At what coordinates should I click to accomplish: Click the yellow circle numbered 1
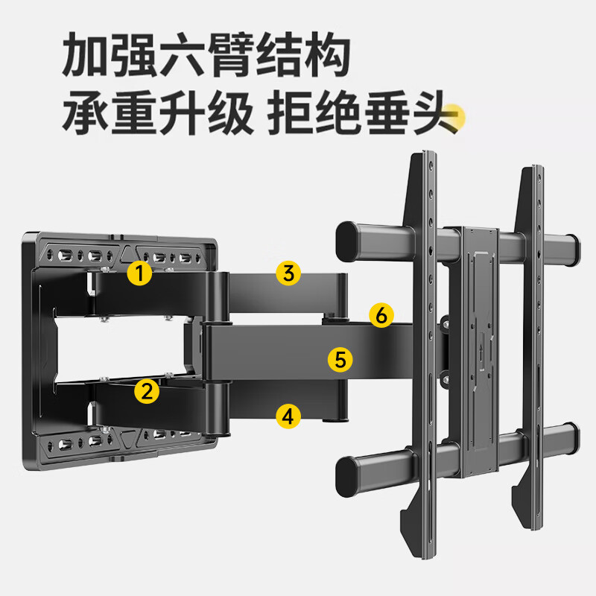[x=139, y=273]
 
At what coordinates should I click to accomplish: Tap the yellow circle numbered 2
[x=147, y=390]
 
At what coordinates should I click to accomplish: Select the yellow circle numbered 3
[x=288, y=273]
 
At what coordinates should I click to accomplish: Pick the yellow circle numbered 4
[x=288, y=416]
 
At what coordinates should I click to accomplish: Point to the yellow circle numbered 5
[x=340, y=361]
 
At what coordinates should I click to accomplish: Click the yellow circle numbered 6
[x=381, y=315]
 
